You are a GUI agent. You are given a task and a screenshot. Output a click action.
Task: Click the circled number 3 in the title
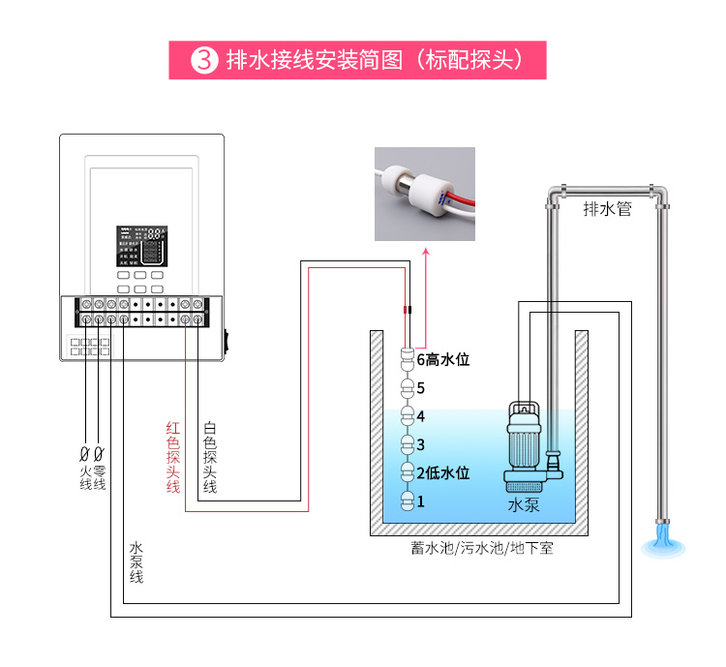coord(203,60)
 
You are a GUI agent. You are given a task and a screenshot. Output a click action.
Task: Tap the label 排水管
coord(608,208)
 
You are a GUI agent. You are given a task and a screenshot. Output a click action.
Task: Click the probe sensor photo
coord(425,194)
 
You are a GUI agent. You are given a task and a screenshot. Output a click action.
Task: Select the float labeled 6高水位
coord(408,360)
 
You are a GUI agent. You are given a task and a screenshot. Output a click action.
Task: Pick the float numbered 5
coord(408,389)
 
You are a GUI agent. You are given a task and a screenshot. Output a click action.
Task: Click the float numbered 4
coord(408,417)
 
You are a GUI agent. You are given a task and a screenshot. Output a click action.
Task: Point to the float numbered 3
coord(408,445)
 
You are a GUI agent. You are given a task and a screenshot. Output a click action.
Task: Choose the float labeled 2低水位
coord(408,473)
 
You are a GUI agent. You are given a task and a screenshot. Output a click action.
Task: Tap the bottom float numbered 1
coord(408,501)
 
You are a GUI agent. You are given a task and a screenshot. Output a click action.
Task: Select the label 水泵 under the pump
coord(524,505)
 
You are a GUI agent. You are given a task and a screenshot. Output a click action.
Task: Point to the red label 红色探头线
coord(173,457)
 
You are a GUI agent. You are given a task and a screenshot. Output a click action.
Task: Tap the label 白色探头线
coord(209,457)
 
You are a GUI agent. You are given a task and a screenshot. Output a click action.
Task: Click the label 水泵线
coord(136,561)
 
